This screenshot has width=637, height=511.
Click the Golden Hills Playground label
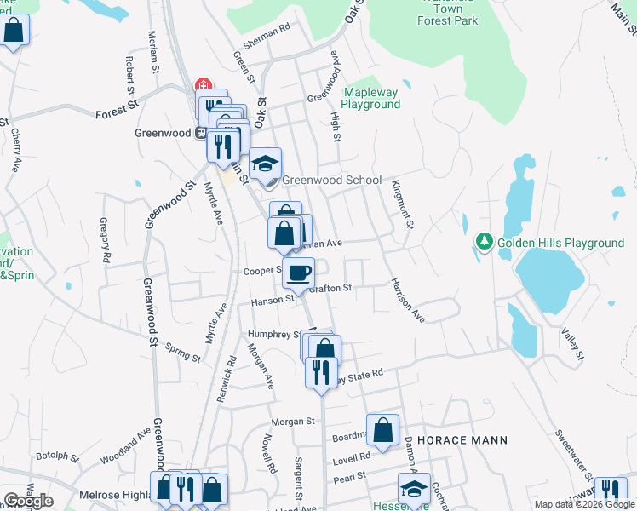coord(561,243)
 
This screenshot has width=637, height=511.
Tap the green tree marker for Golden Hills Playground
coord(485,243)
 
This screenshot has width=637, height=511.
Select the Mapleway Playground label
coord(370,98)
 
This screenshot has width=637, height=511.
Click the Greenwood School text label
coord(331,180)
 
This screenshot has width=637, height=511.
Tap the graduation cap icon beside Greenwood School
coord(266,163)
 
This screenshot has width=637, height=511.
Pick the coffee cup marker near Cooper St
coord(298,273)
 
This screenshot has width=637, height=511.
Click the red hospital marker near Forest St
coord(203,85)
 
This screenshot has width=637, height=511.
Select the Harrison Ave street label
coord(408,299)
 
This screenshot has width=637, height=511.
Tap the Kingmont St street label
coord(403,204)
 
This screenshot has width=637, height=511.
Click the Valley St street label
coord(571,342)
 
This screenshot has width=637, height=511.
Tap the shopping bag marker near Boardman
coord(383,430)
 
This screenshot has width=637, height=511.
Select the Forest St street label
coord(117,110)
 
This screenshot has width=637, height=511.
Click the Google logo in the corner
coord(27,501)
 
